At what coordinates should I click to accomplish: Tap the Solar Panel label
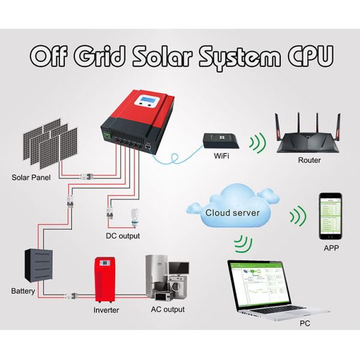(x=31, y=178)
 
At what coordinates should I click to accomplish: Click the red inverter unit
(x=105, y=280)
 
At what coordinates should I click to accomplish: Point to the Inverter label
(x=106, y=310)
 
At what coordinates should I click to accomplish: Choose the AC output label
(x=168, y=310)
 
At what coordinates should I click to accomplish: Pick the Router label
(x=309, y=160)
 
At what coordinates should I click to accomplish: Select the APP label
(x=332, y=247)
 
